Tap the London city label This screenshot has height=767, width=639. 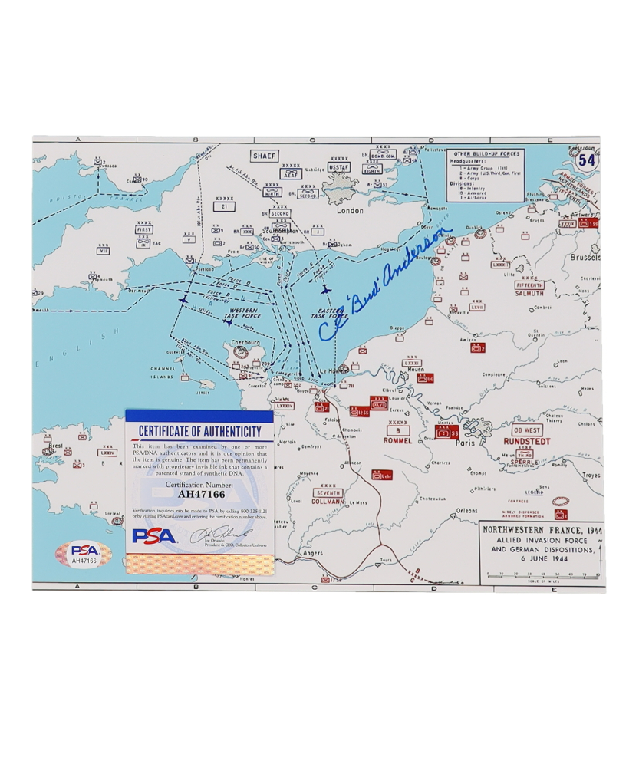point(349,210)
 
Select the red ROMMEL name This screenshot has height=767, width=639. point(398,441)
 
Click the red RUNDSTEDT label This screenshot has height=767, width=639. point(527,442)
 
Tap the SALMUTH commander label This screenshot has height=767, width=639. point(530,293)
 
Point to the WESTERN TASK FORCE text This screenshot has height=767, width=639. point(243,314)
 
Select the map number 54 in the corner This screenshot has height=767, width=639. point(587,160)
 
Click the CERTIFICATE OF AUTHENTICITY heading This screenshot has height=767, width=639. point(199,432)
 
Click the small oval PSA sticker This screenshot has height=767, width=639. point(84,554)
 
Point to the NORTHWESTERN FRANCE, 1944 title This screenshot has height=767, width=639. point(542,530)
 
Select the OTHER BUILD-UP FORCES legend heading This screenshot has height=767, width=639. point(486,154)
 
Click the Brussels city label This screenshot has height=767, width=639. point(585,258)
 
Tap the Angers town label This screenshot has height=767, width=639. point(312,552)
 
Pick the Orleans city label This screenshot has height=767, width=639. point(466,511)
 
